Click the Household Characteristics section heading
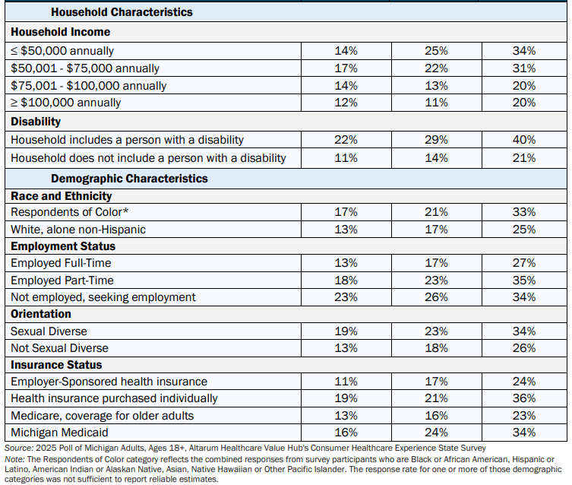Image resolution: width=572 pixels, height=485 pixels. click(122, 12)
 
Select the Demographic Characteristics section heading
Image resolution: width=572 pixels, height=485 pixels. click(129, 179)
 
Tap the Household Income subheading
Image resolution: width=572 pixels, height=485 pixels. click(61, 32)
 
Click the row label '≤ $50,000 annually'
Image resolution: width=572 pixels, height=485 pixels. click(62, 51)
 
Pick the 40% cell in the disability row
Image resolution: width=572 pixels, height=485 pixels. click(524, 140)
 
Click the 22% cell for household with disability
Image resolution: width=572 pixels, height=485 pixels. click(346, 140)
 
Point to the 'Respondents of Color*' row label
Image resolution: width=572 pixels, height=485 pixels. click(70, 212)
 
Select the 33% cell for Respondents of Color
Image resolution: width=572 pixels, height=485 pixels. click(524, 212)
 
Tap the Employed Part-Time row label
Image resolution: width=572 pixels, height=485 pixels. click(62, 281)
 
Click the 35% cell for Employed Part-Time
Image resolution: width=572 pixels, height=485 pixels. click(524, 281)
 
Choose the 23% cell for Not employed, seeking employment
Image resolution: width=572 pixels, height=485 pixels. click(346, 297)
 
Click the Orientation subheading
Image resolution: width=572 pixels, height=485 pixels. click(41, 314)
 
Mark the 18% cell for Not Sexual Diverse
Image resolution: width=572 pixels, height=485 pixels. click(436, 347)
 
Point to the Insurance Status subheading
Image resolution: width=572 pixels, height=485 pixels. click(56, 365)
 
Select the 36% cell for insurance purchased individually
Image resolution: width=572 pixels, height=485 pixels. click(524, 398)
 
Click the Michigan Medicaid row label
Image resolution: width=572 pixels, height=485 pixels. click(59, 433)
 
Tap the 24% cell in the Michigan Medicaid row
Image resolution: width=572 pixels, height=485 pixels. click(436, 433)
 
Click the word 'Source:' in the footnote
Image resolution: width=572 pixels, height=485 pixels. click(19, 448)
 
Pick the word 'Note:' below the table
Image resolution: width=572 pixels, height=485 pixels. click(14, 459)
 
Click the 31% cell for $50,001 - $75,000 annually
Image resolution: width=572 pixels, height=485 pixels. click(524, 68)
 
